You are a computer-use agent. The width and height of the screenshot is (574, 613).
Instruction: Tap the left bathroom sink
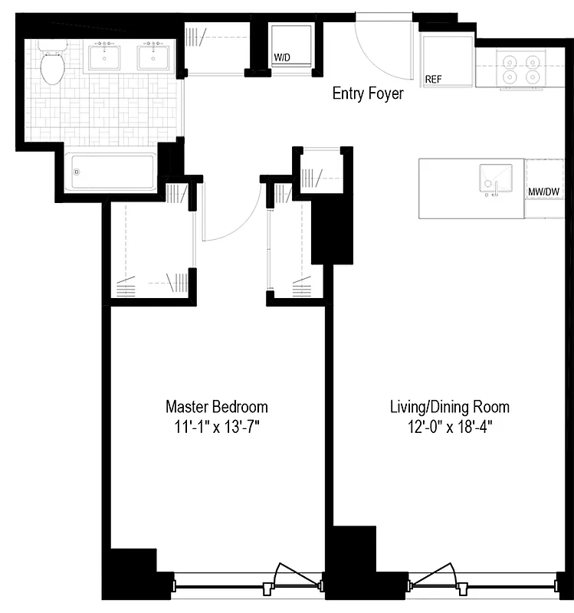(104, 57)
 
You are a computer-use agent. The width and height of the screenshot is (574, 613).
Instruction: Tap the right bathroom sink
(154, 57)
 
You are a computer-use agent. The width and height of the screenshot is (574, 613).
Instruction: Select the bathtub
(111, 171)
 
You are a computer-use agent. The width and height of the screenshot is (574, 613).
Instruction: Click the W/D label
(283, 58)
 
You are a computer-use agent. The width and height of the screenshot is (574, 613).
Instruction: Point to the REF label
(434, 78)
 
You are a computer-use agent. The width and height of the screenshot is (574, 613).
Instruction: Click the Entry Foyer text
(367, 94)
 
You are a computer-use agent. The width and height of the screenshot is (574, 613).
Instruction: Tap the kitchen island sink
(495, 181)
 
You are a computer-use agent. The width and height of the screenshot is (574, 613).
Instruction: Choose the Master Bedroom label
(217, 406)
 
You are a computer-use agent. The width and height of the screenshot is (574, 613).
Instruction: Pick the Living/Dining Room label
(449, 406)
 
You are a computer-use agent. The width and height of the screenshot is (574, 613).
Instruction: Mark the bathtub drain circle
(76, 172)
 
